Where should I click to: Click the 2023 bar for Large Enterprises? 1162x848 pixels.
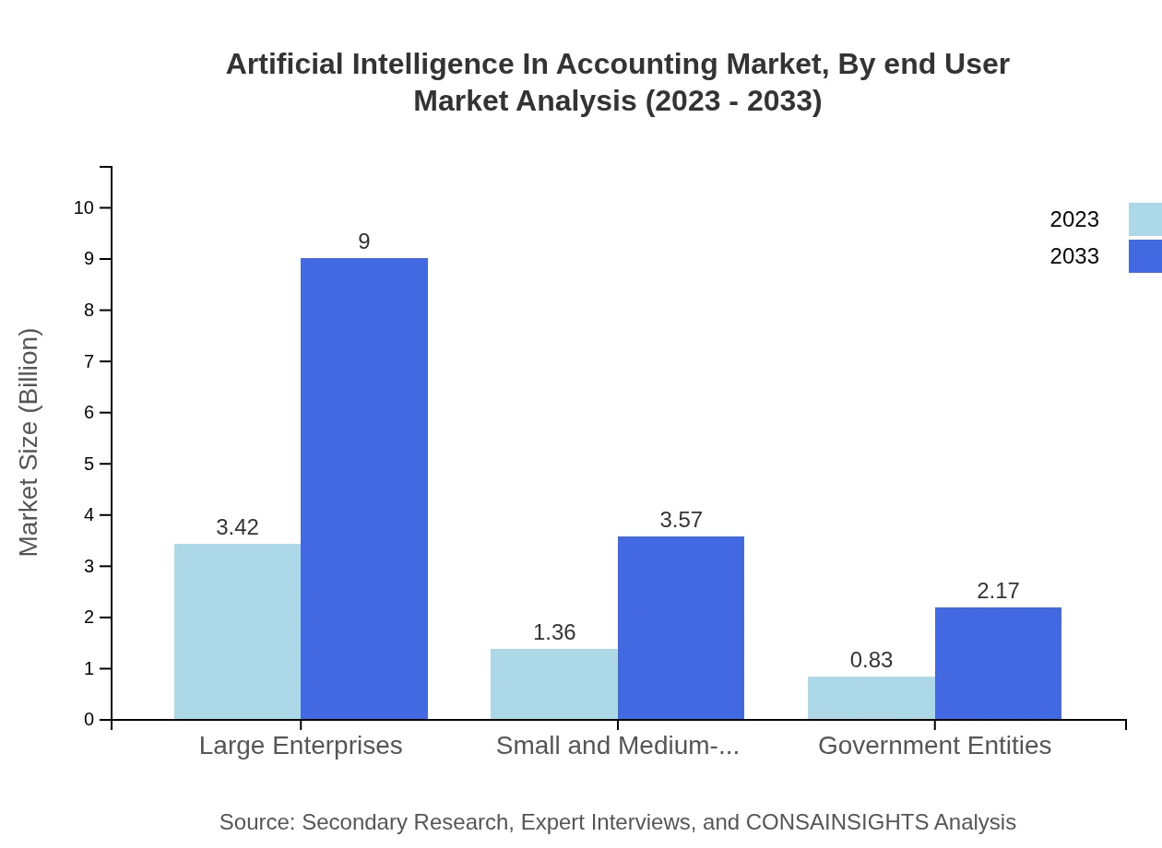tap(237, 631)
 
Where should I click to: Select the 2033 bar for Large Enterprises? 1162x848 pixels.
tap(364, 489)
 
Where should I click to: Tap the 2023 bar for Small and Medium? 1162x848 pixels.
tap(553, 684)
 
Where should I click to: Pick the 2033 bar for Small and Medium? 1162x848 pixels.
tap(681, 628)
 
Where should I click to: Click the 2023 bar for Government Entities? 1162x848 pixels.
tap(871, 698)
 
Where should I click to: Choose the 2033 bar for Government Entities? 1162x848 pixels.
tap(998, 664)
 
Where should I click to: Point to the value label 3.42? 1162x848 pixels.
tap(237, 527)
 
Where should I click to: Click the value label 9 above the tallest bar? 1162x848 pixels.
tap(364, 241)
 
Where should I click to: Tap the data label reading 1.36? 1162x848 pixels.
tap(554, 632)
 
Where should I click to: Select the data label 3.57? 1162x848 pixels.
tap(682, 520)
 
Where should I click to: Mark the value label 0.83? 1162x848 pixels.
tap(871, 660)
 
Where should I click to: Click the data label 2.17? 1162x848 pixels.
tap(998, 591)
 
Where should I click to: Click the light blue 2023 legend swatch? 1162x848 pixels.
tap(1144, 219)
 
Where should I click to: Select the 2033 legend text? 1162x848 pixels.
tap(1074, 256)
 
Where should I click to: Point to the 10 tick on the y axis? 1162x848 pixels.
tap(84, 207)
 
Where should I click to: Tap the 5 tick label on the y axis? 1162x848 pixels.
tap(89, 464)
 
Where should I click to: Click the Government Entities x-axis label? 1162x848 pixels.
tap(934, 745)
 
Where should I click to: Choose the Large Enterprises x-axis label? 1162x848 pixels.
tap(301, 745)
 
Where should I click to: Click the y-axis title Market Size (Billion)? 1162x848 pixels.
tap(29, 442)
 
